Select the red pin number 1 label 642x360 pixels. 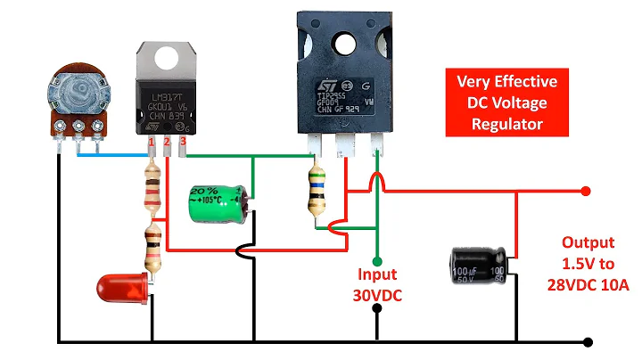coord(152,143)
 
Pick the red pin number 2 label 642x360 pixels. coord(167,143)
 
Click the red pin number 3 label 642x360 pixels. coord(183,141)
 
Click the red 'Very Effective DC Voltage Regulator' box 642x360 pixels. coord(506,102)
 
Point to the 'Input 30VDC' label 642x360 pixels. coord(377,285)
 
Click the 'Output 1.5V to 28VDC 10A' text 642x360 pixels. coord(588,263)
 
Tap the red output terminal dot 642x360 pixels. coord(586,191)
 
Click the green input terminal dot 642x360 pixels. coord(377,262)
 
